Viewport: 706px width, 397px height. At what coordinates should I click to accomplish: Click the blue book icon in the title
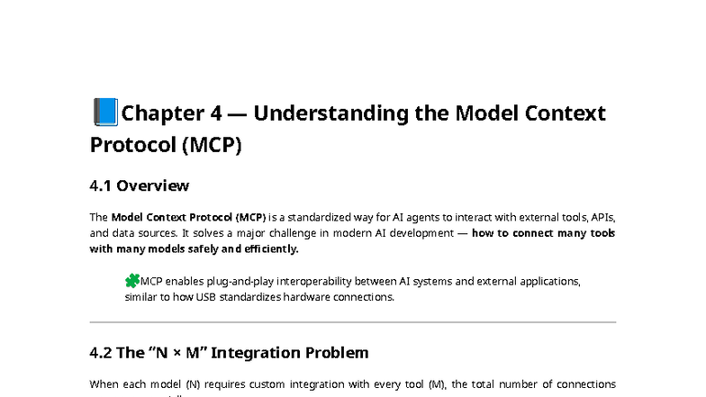(x=104, y=113)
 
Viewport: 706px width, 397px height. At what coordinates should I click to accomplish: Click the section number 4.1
(x=101, y=186)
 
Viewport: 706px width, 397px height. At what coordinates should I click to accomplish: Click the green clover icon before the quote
(x=132, y=281)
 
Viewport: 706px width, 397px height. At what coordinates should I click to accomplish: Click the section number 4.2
(x=102, y=352)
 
